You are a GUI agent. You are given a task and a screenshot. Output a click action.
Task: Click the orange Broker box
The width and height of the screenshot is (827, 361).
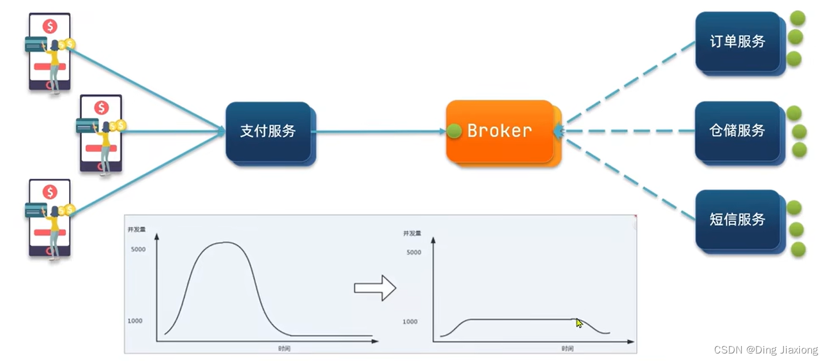(x=499, y=131)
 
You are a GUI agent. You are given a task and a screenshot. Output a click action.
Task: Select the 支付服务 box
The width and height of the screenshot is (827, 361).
(x=268, y=131)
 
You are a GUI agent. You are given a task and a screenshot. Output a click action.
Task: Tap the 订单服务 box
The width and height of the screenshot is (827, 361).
(x=737, y=42)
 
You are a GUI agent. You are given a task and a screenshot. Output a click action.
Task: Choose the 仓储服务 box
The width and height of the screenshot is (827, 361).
(x=737, y=131)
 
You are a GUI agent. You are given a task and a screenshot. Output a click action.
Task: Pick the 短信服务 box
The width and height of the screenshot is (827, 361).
(x=737, y=220)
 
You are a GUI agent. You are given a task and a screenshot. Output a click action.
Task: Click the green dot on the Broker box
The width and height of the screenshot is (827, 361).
(x=454, y=131)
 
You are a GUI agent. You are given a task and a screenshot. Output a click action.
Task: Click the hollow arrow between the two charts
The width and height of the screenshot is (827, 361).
(x=375, y=288)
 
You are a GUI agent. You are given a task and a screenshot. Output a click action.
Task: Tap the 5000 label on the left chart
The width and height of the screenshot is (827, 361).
(x=138, y=249)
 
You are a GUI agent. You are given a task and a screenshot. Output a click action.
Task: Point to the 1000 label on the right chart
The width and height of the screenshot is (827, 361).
(x=410, y=321)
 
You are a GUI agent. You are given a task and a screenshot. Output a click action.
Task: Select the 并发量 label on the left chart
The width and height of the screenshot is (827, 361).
(x=137, y=230)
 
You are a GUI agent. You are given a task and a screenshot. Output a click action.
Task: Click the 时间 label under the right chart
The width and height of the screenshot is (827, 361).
(x=567, y=348)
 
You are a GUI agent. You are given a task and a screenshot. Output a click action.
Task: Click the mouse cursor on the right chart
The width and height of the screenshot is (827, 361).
(x=579, y=324)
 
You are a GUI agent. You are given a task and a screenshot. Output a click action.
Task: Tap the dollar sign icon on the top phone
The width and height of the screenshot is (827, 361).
(x=50, y=26)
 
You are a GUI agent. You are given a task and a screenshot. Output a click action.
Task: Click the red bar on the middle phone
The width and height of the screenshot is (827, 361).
(x=101, y=148)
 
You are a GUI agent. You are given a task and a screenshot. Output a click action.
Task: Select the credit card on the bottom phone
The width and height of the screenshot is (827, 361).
(x=36, y=210)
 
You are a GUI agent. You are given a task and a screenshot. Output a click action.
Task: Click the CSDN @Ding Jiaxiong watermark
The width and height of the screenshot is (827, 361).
(x=765, y=350)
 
